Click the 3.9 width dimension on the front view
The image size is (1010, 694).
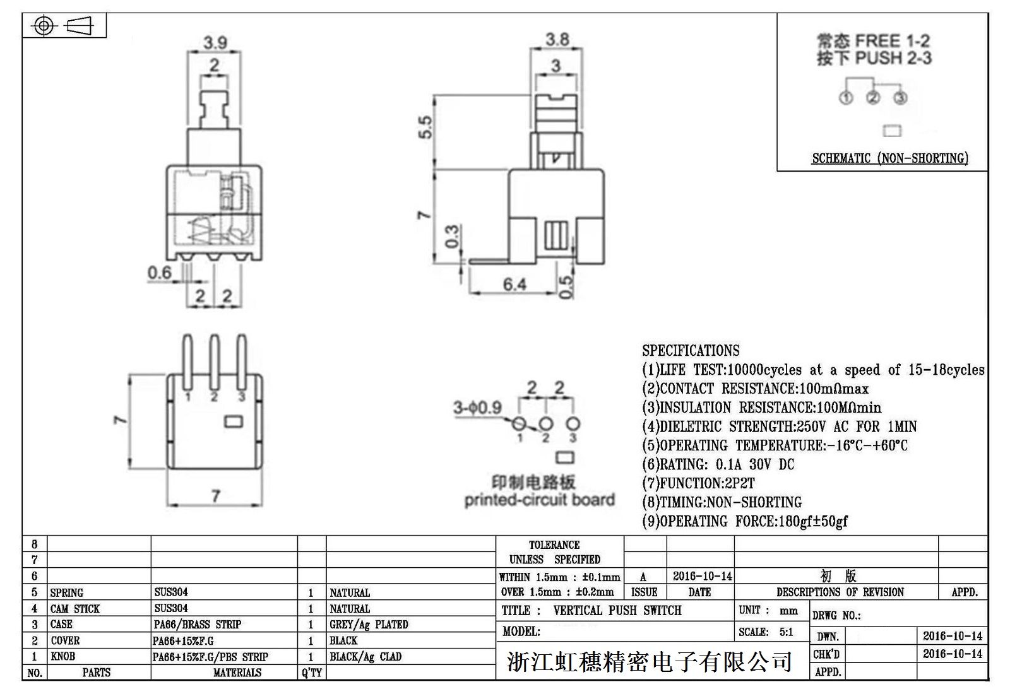(x=215, y=43)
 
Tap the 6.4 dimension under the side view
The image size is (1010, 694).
(x=514, y=285)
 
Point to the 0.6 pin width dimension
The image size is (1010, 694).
(x=159, y=273)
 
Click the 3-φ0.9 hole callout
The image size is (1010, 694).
(x=477, y=408)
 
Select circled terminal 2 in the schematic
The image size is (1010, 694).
(x=873, y=98)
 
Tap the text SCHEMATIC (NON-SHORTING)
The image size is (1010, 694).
(x=889, y=158)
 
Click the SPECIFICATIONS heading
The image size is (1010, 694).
(x=691, y=351)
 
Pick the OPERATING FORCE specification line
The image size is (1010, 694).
(x=745, y=521)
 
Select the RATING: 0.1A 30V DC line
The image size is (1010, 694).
(x=718, y=464)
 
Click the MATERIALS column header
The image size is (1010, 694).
(x=237, y=673)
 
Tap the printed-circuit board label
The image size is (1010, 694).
(x=539, y=500)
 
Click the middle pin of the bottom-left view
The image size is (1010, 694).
(x=214, y=363)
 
